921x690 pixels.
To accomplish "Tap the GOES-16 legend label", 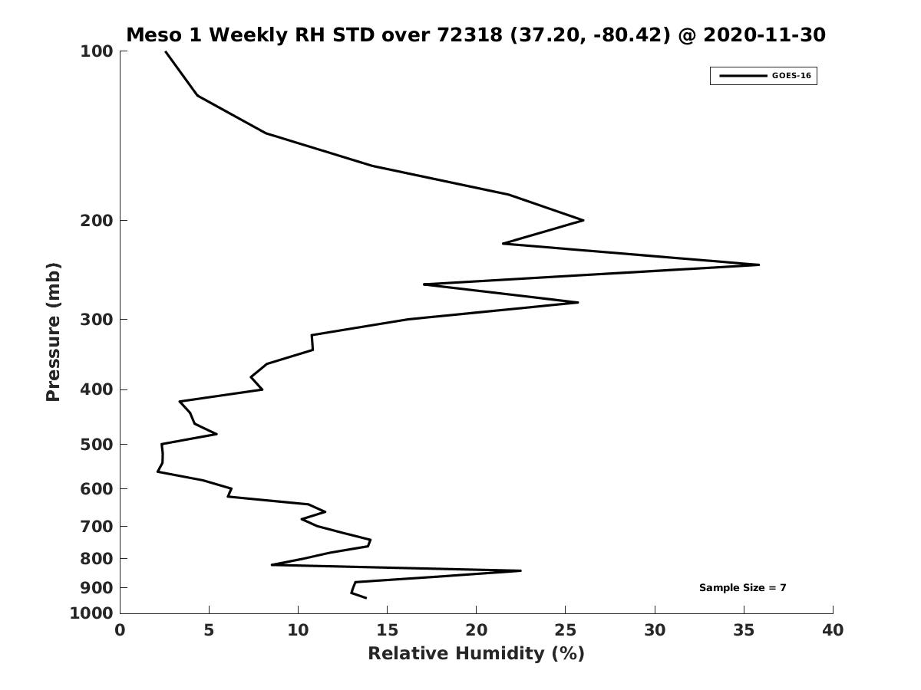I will [x=791, y=76].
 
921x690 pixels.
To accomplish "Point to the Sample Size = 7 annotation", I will [x=742, y=588].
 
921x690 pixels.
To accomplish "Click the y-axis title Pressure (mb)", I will [x=53, y=332].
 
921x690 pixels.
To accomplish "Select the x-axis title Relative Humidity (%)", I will [x=476, y=654].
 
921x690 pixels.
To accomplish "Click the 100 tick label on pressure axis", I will [x=97, y=51].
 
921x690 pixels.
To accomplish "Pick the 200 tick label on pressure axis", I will [x=97, y=221].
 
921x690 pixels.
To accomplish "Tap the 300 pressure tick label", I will [x=97, y=320].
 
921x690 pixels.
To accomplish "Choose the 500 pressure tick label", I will [x=97, y=445].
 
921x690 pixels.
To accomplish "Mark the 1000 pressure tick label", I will [x=92, y=613].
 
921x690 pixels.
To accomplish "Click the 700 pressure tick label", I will [x=97, y=527].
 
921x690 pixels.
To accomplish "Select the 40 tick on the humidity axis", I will [x=833, y=631].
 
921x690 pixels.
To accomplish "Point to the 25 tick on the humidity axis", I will [x=566, y=631].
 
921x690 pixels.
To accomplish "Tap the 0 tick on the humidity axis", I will [x=120, y=631].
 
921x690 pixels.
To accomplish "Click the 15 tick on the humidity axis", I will [x=388, y=631].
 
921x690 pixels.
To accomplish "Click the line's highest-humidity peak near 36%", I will [x=758, y=264].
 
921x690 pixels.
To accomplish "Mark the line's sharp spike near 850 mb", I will [x=520, y=570].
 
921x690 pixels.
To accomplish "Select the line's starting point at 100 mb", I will [x=166, y=51].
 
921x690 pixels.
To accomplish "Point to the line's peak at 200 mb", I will [x=583, y=220].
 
